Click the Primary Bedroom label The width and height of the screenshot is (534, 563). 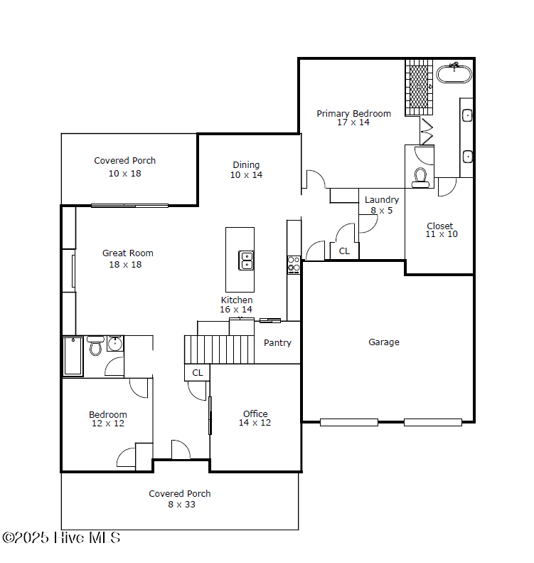coord(353,114)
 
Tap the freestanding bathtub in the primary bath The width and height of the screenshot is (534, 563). coord(454,73)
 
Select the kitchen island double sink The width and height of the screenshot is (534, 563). coord(246,261)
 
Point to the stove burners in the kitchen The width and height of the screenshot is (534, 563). coord(294,265)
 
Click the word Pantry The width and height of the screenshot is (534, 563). coord(277,343)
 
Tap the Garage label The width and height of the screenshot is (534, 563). coord(384,342)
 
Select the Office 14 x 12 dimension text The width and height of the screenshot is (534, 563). coord(255,423)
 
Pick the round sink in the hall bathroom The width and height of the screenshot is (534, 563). coord(114,344)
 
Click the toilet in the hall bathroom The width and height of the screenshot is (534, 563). coord(95,346)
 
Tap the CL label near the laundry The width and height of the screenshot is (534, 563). coord(344,251)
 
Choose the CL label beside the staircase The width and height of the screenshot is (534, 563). coord(197,373)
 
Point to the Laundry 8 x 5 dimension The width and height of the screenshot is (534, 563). coord(382,211)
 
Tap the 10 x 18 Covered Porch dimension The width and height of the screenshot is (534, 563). coord(125,174)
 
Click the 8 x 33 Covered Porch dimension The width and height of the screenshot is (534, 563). coord(181,505)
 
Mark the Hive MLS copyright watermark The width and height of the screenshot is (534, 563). coord(61,537)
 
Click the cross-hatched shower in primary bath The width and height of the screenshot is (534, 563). coord(419,88)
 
